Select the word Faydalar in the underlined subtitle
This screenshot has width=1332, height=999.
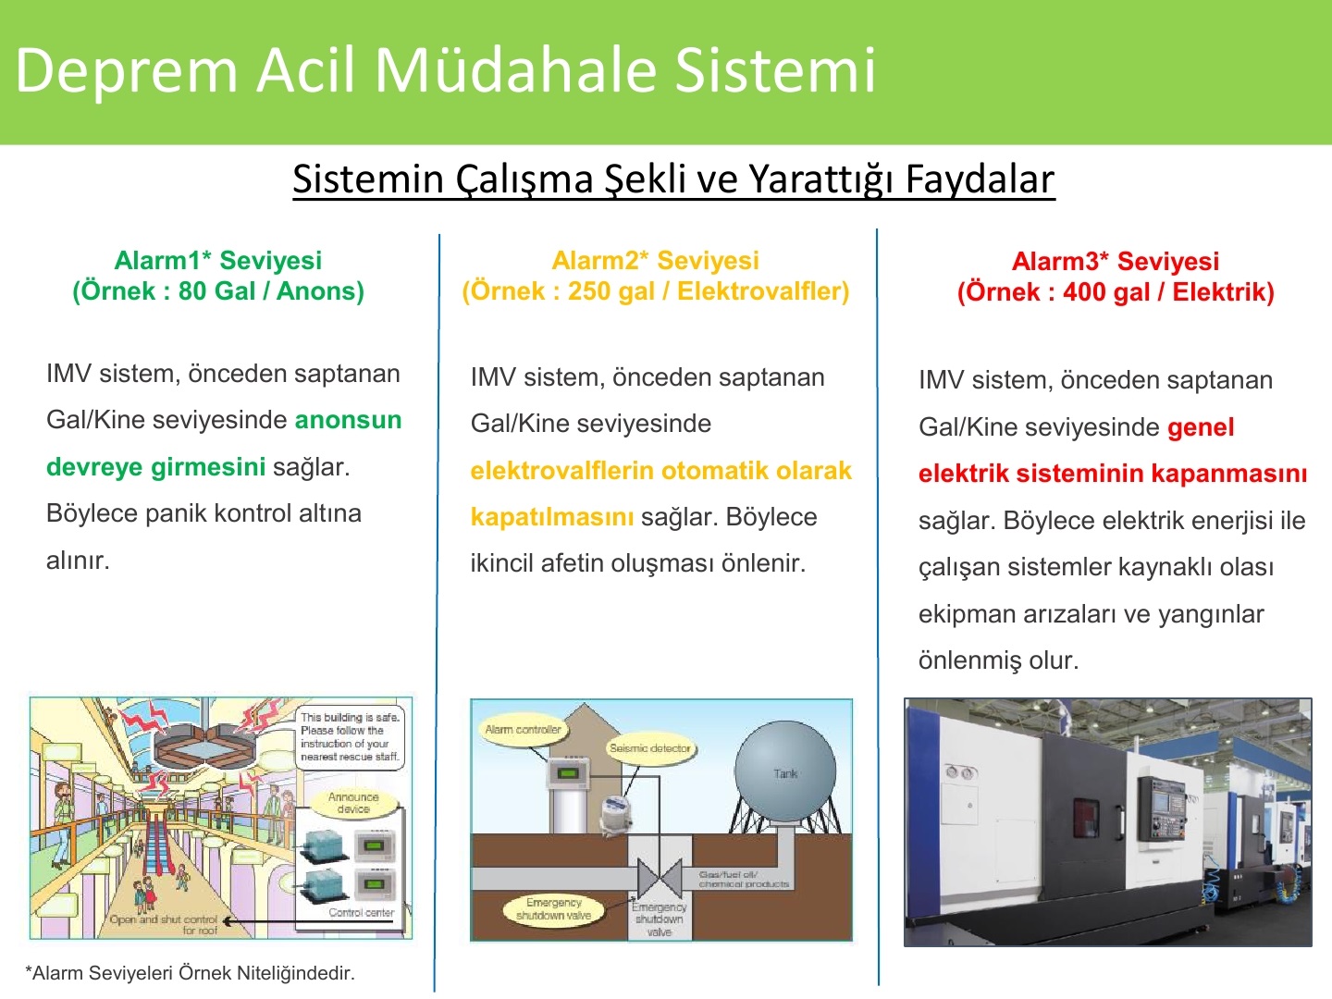(x=980, y=179)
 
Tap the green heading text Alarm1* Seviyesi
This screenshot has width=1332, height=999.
(x=218, y=260)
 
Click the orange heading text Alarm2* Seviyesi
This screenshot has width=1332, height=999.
(x=656, y=260)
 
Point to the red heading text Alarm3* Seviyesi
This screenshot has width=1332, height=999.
(x=1116, y=262)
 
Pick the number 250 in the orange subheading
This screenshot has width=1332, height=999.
(x=587, y=291)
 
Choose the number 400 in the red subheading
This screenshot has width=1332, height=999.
(x=1082, y=292)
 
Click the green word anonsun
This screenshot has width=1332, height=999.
(x=349, y=420)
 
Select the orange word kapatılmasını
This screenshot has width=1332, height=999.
(x=552, y=517)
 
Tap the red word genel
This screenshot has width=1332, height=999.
(x=1201, y=427)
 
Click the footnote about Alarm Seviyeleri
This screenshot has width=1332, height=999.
(x=190, y=973)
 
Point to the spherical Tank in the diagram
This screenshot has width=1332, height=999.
(x=785, y=771)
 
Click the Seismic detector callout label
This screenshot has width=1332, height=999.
(x=650, y=748)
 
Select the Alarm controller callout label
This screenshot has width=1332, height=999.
(x=524, y=730)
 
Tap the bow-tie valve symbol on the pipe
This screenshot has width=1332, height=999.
(x=660, y=878)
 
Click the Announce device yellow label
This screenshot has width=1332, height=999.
(x=353, y=803)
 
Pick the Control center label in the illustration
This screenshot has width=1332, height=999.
(x=362, y=913)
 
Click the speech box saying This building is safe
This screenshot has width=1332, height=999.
(x=351, y=737)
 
